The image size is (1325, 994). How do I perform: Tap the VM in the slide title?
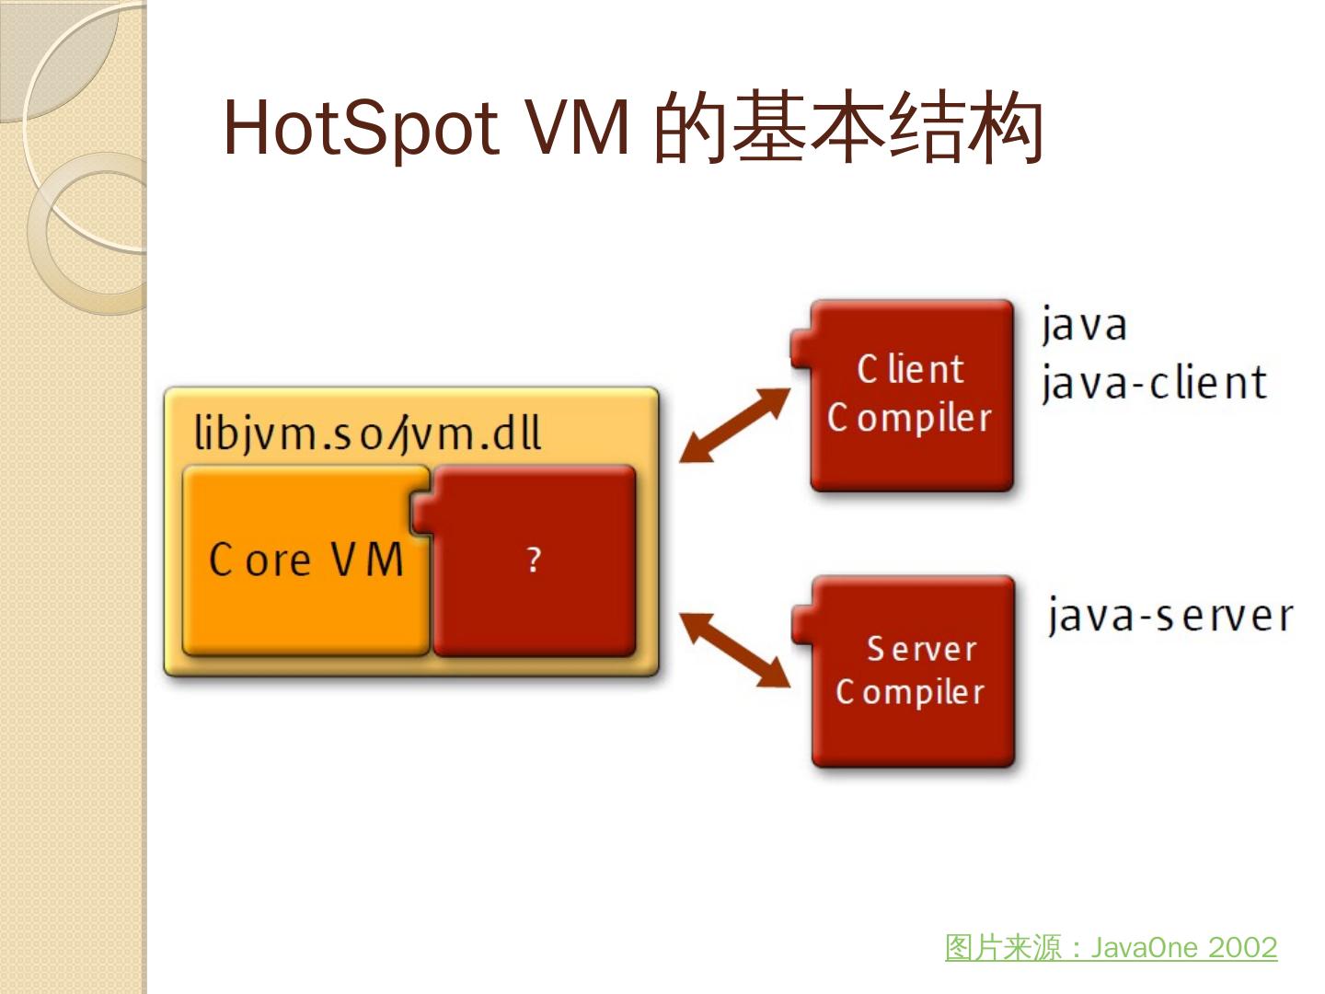(x=577, y=128)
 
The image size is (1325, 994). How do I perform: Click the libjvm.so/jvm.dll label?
(x=367, y=433)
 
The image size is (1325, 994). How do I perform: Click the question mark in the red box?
(x=534, y=560)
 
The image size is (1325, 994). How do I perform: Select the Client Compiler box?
(x=911, y=396)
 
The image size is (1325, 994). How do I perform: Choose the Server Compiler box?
(x=911, y=672)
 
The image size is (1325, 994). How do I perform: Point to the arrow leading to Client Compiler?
(x=734, y=424)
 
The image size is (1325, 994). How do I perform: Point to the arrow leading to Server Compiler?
(x=734, y=650)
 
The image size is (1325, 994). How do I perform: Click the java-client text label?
(x=1154, y=383)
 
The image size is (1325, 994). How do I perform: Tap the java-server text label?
(x=1169, y=615)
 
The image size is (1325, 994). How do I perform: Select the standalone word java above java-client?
(x=1084, y=325)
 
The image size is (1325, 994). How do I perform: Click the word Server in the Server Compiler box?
(x=921, y=649)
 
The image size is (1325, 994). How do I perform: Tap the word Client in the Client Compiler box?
(x=911, y=370)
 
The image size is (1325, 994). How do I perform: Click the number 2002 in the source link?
(x=1242, y=947)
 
